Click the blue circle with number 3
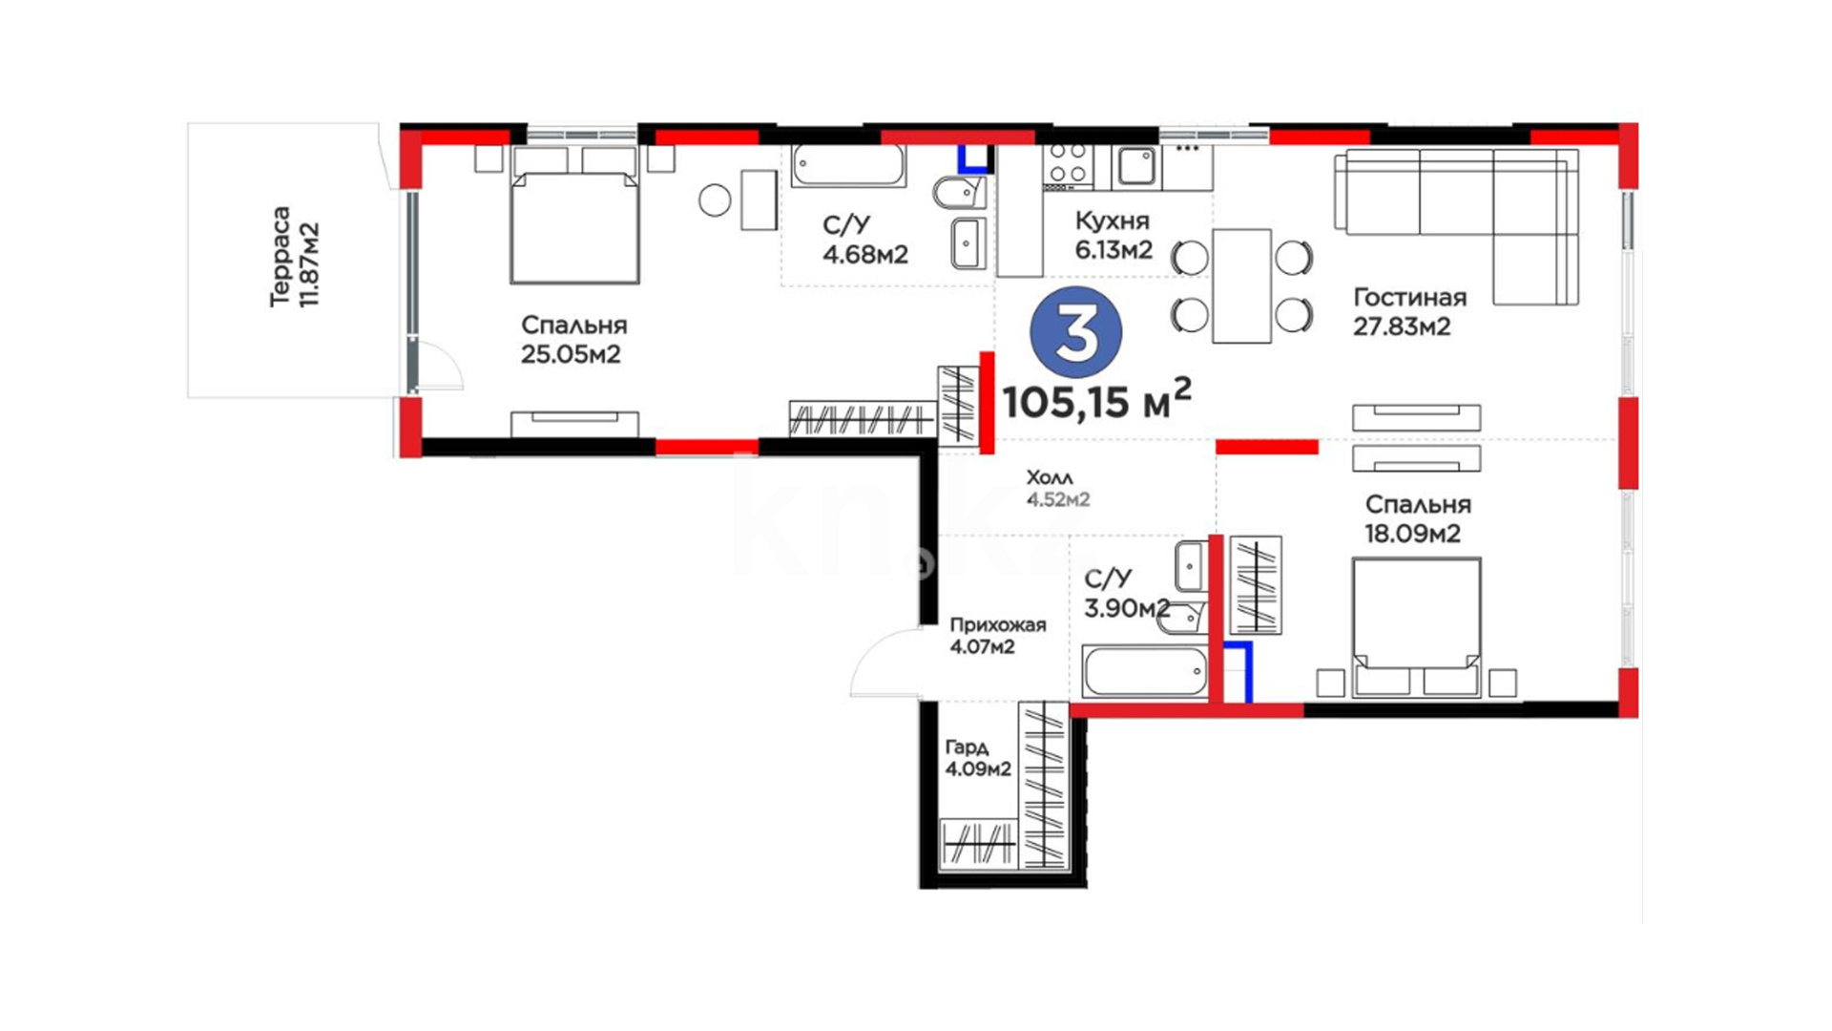[1076, 331]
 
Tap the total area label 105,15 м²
[1097, 400]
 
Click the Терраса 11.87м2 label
[294, 257]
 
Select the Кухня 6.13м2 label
[1114, 235]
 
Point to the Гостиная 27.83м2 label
[1409, 312]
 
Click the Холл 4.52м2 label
[1057, 488]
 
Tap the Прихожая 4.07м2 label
[997, 636]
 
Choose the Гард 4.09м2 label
[978, 758]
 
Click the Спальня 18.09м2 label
[1417, 518]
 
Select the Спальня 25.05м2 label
[572, 340]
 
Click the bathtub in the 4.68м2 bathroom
[848, 165]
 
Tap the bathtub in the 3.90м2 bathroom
[1145, 671]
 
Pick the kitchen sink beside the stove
[1135, 166]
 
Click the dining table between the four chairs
[1241, 285]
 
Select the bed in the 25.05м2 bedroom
[574, 216]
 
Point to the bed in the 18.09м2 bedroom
[1417, 627]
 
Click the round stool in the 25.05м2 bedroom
[715, 200]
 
